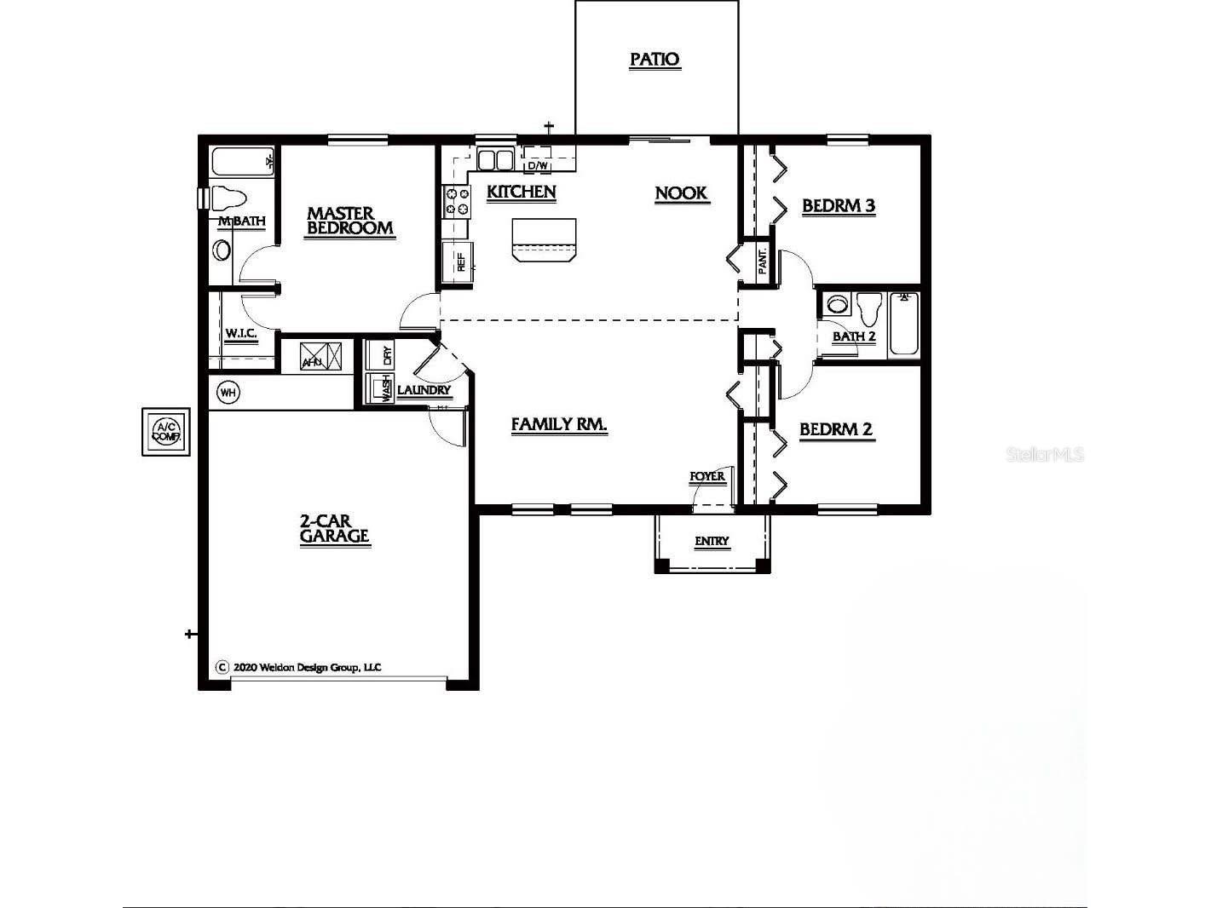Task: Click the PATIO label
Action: [655, 60]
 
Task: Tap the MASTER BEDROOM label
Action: [350, 221]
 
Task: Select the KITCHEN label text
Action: [521, 193]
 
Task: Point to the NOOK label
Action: [681, 193]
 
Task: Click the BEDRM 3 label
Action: [839, 206]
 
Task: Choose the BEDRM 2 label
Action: [836, 429]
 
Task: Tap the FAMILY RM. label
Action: [559, 424]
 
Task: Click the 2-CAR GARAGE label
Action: [335, 528]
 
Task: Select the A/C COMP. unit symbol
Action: [166, 431]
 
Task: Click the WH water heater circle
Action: [228, 392]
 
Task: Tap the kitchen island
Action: [544, 238]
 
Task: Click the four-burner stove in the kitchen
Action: [457, 201]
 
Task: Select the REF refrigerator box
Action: [457, 261]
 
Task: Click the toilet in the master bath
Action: [227, 198]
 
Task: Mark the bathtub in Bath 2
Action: [904, 323]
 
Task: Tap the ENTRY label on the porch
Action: [712, 541]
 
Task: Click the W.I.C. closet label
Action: [241, 333]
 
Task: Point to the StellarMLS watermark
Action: [1045, 454]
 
